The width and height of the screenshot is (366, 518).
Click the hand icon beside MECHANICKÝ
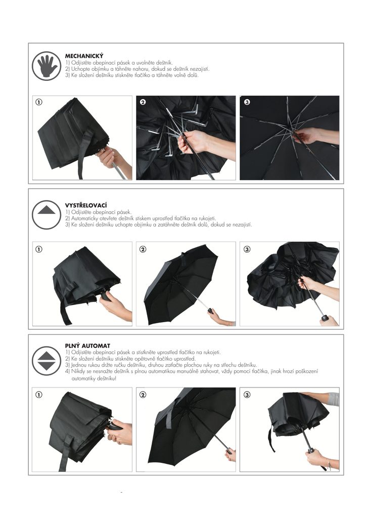click(47, 66)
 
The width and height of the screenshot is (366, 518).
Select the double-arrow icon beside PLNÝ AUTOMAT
click(47, 361)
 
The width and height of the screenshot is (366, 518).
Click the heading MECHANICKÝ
click(84, 56)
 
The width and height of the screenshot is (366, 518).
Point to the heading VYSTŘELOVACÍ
click(86, 205)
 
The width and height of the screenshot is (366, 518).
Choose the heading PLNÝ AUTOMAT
click(87, 346)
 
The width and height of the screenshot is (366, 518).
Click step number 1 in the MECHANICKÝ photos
click(39, 102)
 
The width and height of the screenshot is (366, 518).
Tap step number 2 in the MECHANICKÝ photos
click(143, 102)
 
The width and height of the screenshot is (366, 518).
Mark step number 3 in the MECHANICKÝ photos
click(247, 102)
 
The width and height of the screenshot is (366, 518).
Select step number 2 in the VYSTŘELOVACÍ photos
click(143, 249)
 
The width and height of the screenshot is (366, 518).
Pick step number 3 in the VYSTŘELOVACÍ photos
click(247, 249)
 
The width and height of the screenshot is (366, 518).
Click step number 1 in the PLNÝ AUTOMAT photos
click(39, 395)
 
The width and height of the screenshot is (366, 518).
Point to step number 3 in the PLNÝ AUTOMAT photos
click(247, 395)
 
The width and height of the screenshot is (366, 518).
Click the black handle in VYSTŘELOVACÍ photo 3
click(325, 318)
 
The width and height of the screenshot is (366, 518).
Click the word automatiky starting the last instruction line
click(83, 378)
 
